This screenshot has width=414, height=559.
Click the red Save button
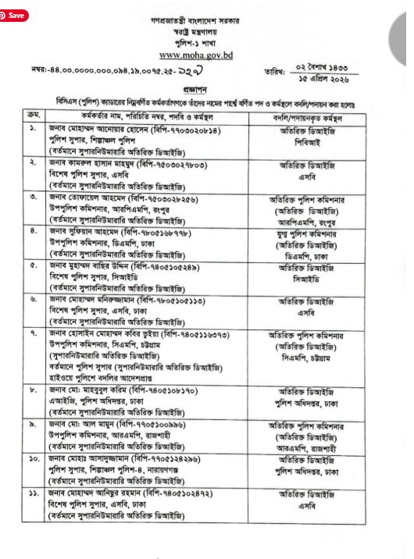[15, 14]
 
